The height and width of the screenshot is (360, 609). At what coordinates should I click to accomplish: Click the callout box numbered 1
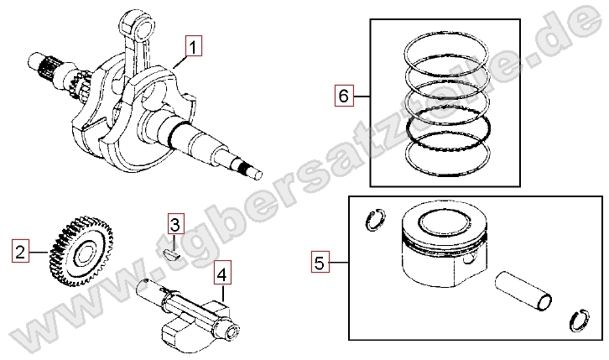tap(194, 46)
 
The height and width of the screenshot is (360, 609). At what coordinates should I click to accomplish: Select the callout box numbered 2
tap(20, 251)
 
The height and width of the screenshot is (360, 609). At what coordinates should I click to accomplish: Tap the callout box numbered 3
tap(176, 223)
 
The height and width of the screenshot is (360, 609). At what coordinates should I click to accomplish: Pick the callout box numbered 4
tap(222, 274)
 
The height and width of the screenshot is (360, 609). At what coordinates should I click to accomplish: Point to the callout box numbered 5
tap(320, 262)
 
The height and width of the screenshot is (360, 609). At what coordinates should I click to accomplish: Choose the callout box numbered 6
tap(344, 95)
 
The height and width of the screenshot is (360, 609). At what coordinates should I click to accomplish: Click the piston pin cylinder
tap(523, 291)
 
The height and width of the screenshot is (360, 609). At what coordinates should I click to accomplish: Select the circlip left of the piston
tap(375, 221)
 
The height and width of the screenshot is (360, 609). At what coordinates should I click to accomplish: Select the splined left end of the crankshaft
tap(44, 67)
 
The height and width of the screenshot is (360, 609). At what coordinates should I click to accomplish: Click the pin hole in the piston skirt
tap(470, 258)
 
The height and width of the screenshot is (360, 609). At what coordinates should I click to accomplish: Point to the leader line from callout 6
tap(362, 96)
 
